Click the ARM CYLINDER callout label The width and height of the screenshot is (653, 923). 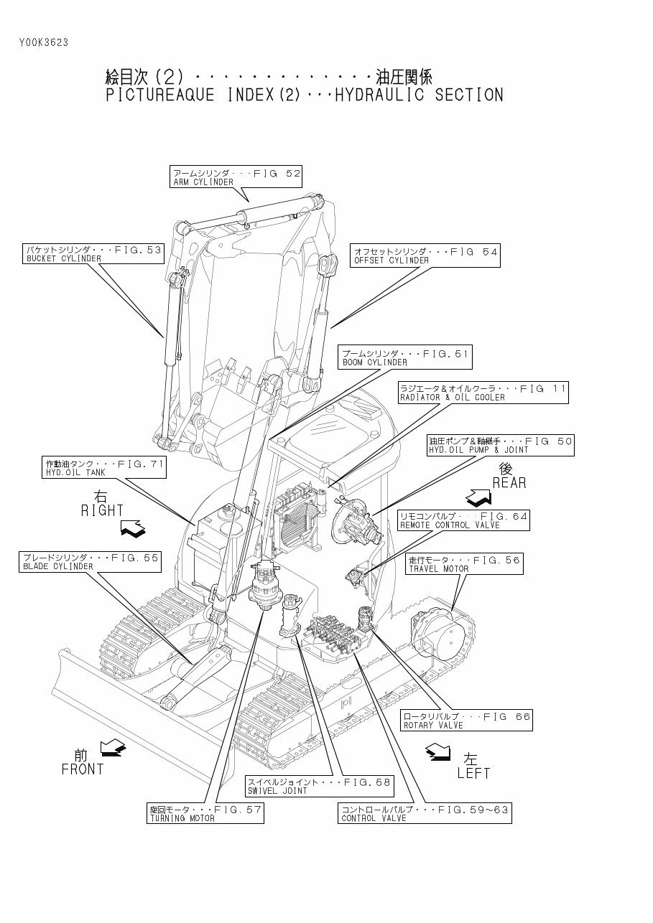click(x=236, y=177)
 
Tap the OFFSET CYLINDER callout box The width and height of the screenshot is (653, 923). click(x=425, y=256)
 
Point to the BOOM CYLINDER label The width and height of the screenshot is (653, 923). click(x=405, y=357)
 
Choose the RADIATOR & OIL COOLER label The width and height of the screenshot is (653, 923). click(x=483, y=392)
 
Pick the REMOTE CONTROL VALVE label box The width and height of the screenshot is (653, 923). click(x=463, y=520)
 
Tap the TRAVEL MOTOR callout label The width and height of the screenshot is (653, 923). click(x=465, y=564)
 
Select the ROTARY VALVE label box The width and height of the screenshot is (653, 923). click(x=466, y=721)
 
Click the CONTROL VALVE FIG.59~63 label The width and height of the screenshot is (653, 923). click(x=425, y=813)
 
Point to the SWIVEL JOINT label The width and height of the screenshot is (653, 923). click(x=319, y=786)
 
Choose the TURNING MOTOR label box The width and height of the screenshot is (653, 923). click(x=205, y=813)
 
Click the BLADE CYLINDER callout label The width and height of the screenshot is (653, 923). click(x=90, y=561)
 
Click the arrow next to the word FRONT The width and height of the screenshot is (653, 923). click(x=113, y=749)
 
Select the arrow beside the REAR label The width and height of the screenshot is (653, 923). click(x=479, y=496)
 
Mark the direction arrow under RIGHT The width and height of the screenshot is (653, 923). click(x=132, y=530)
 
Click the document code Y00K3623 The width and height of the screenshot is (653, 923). click(x=44, y=42)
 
